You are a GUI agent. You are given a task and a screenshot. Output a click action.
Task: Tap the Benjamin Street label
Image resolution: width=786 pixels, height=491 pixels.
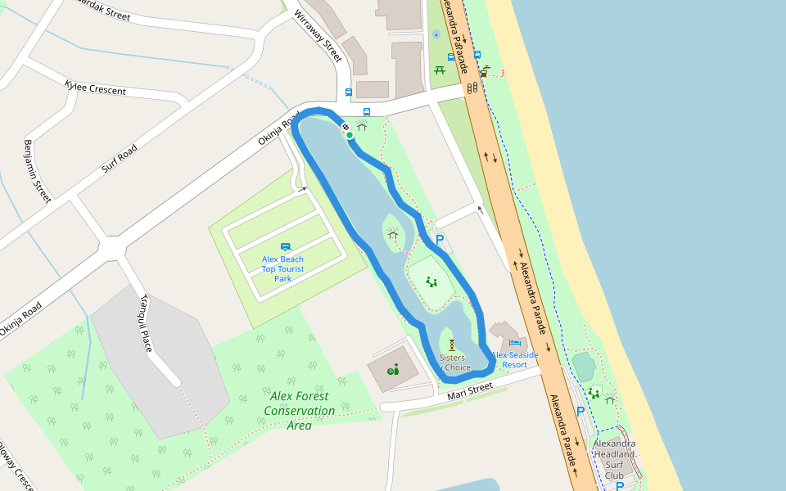tap(37, 171)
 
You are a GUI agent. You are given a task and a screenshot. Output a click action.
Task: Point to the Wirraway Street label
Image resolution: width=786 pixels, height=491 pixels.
tap(318, 37)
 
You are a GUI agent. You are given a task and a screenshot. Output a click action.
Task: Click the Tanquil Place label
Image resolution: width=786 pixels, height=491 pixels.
tap(147, 322)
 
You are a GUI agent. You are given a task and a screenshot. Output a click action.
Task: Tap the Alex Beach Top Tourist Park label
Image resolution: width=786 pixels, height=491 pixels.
tap(282, 268)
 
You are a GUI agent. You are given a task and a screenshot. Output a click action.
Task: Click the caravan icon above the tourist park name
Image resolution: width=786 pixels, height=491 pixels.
tap(286, 246)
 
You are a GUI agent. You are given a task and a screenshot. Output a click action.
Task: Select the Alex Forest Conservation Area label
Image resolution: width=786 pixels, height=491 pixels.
tap(299, 410)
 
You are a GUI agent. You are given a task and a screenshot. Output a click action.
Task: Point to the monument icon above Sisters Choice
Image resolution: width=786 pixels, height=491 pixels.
tap(451, 345)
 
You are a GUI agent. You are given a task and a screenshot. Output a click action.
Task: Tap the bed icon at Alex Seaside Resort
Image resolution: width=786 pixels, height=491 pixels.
tap(514, 343)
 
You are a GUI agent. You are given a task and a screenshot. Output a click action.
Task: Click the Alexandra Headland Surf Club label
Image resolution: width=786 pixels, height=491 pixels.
tap(614, 459)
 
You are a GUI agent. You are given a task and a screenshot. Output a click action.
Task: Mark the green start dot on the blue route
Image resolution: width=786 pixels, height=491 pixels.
tap(350, 135)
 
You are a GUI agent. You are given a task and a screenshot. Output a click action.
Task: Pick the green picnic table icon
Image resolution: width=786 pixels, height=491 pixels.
tap(440, 70)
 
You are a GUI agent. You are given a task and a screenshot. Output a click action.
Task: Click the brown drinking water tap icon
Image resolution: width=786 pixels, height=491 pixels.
tap(485, 71)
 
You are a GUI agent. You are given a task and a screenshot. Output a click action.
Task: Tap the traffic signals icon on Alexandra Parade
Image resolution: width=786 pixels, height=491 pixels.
tap(472, 88)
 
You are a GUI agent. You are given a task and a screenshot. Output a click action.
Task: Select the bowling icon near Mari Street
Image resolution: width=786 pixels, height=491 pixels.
tap(393, 370)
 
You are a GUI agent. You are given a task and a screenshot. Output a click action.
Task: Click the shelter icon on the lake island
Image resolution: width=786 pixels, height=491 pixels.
tap(393, 234)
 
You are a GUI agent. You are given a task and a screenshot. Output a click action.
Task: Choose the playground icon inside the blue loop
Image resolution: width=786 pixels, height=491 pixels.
tap(431, 282)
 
